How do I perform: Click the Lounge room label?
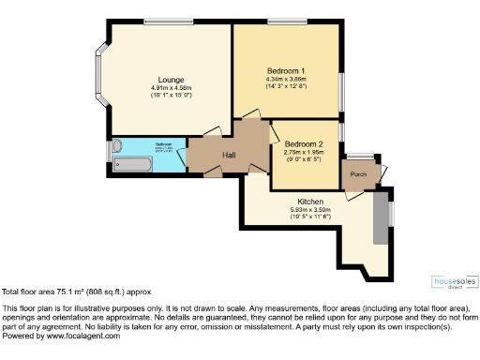(158, 80)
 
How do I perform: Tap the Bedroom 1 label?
(286, 72)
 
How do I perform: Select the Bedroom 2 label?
(305, 142)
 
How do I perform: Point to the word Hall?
(229, 155)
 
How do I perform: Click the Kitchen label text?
(311, 202)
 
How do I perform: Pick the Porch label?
(358, 175)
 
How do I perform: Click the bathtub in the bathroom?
(133, 165)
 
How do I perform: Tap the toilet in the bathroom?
(117, 147)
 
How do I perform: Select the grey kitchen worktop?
(380, 217)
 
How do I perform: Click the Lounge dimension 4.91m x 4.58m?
(158, 88)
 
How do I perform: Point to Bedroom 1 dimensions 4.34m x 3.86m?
(286, 81)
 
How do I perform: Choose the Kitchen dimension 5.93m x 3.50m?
(311, 211)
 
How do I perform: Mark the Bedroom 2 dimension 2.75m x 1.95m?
(305, 151)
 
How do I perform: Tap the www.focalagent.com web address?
(79, 337)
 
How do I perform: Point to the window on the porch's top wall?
(360, 156)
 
